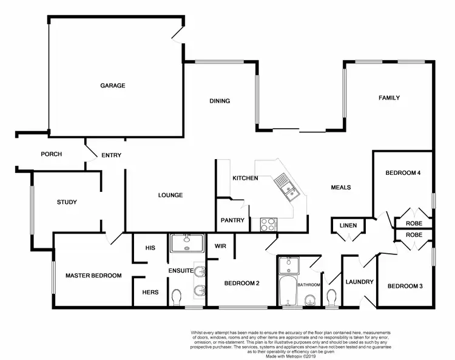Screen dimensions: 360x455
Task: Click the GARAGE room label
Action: [x=113, y=86]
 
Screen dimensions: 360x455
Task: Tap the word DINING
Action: [x=220, y=101]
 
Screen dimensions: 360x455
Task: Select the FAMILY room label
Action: [x=389, y=98]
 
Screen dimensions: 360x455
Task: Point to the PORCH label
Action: [x=52, y=154]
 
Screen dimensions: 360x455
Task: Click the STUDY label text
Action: [x=67, y=202]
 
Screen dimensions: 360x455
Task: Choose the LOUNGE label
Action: [x=170, y=195]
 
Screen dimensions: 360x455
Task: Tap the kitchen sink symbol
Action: [x=283, y=185]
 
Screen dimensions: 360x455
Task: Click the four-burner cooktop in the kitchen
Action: [x=268, y=224]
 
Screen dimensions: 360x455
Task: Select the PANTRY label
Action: [x=232, y=220]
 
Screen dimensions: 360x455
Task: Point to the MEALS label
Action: [x=340, y=187]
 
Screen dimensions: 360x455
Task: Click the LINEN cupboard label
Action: [x=348, y=226]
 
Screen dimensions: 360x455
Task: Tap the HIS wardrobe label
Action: [x=151, y=248]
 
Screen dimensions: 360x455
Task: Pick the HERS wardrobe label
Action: [x=150, y=292]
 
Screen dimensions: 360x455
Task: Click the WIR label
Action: [x=220, y=246]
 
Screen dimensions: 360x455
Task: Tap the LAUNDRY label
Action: [x=359, y=282]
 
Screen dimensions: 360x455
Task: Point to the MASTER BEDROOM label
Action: [x=93, y=276]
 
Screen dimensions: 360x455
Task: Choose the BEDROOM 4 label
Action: [x=403, y=173]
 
